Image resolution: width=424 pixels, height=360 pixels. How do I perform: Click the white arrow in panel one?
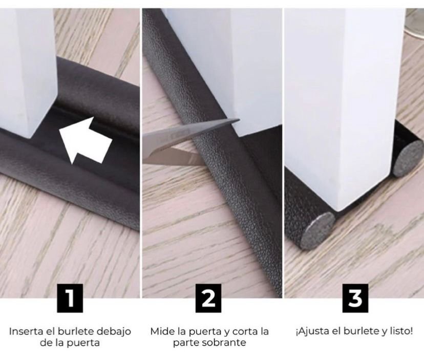(x=84, y=142)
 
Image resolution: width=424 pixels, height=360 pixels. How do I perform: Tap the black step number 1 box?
(x=70, y=299)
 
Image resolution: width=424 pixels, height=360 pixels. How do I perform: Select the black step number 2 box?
(x=208, y=299)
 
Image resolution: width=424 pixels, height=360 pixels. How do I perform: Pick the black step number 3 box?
(x=355, y=299)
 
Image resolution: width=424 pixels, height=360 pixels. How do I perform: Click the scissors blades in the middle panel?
(x=186, y=143)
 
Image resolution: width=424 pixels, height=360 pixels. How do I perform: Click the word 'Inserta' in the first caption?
(x=26, y=331)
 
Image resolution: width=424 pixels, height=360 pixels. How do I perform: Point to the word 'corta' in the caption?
(x=244, y=331)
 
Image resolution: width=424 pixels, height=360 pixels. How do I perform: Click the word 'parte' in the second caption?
(x=186, y=343)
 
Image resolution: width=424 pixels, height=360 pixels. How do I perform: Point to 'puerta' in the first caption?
(x=83, y=343)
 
